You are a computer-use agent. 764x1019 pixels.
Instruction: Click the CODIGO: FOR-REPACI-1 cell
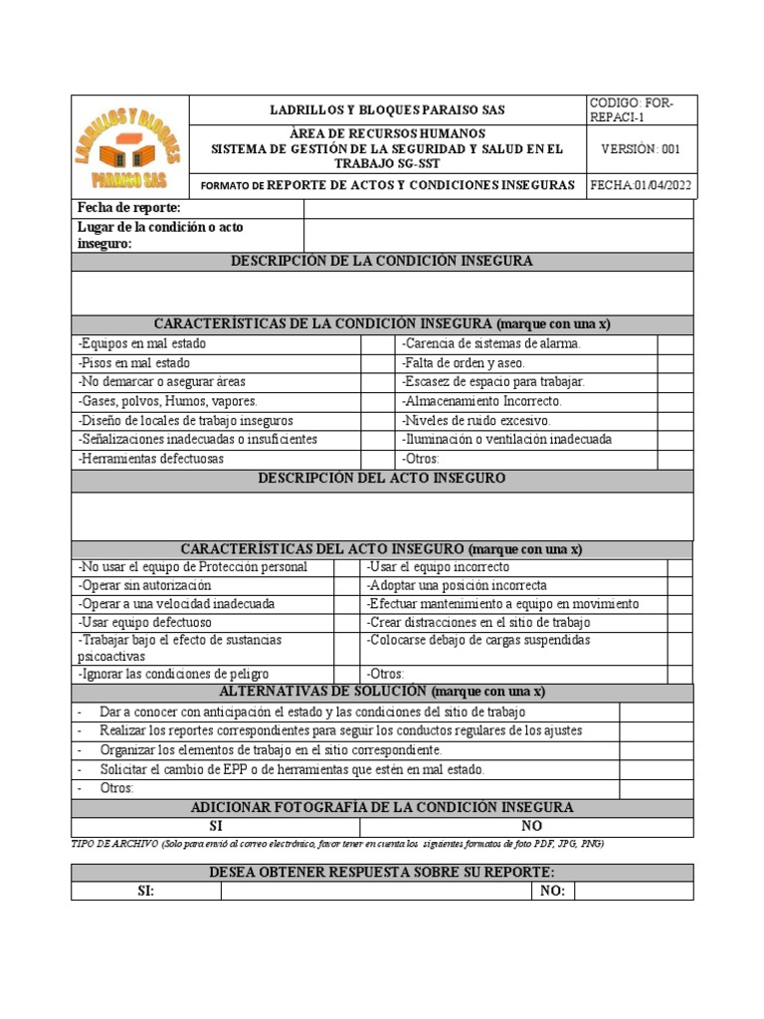coord(642,109)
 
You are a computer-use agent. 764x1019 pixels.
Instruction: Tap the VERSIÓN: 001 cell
coord(642,149)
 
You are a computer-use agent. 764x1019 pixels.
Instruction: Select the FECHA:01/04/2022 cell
coord(642,185)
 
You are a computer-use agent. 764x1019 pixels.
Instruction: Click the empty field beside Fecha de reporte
coord(497,208)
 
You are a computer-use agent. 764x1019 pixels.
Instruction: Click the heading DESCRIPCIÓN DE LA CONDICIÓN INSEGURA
coord(382,262)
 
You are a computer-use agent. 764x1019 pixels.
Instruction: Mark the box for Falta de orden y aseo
coord(674,363)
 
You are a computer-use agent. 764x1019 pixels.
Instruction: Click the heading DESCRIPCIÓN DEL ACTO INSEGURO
coord(382,480)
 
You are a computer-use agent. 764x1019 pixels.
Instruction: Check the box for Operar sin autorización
coord(346,586)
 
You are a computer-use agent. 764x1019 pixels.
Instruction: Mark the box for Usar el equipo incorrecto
coord(679,567)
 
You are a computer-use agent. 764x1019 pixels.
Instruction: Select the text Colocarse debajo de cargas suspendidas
coord(478,641)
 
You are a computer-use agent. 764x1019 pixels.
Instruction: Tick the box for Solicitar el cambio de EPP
coord(656,770)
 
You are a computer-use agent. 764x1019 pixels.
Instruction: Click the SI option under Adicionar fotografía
coord(215,827)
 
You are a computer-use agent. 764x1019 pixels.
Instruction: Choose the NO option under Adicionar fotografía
coord(531,827)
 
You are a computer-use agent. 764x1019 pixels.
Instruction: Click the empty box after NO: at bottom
coord(634,892)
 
